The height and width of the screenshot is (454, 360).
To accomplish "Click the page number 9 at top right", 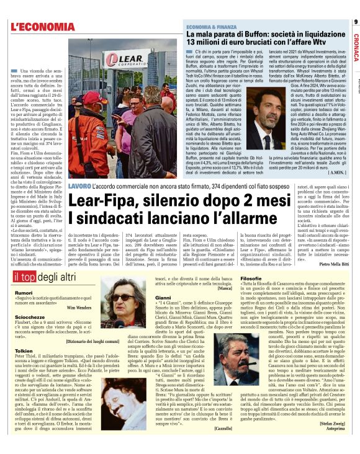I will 355,22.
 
